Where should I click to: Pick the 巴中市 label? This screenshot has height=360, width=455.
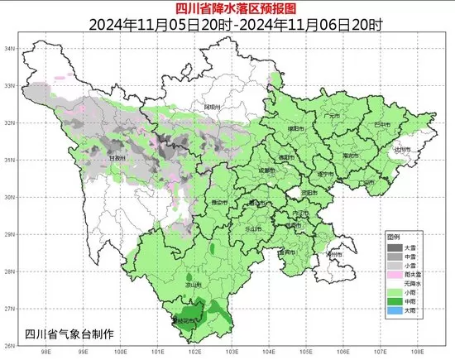coord(382,124)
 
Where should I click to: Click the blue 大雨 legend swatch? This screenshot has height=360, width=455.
coord(395,311)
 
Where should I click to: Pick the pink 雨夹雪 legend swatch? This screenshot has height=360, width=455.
coord(395,271)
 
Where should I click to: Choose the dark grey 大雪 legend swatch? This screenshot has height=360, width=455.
coord(395,247)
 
